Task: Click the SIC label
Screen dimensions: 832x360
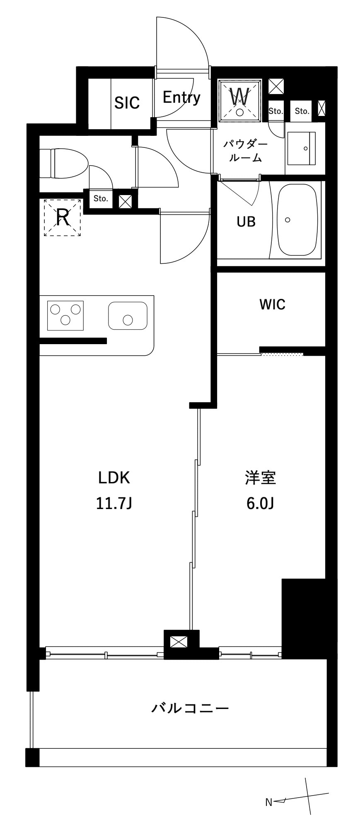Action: (127, 102)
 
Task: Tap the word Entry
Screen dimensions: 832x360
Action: (181, 98)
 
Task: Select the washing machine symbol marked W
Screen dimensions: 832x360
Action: (240, 99)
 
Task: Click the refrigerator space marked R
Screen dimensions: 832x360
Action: (63, 217)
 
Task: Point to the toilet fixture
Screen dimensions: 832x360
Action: (64, 164)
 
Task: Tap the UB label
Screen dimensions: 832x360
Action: (246, 222)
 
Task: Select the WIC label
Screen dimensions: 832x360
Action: (272, 305)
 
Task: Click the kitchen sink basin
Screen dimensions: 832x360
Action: (128, 316)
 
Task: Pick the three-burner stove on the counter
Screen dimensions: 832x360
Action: (65, 316)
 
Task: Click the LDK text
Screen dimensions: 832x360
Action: (114, 478)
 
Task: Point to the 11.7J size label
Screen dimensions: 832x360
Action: (114, 504)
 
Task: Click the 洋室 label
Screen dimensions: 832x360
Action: (260, 478)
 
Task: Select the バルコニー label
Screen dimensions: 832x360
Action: (190, 708)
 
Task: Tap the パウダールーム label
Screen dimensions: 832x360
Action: (245, 151)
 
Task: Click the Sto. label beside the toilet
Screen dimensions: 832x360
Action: (101, 198)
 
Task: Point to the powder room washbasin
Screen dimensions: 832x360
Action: (301, 148)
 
